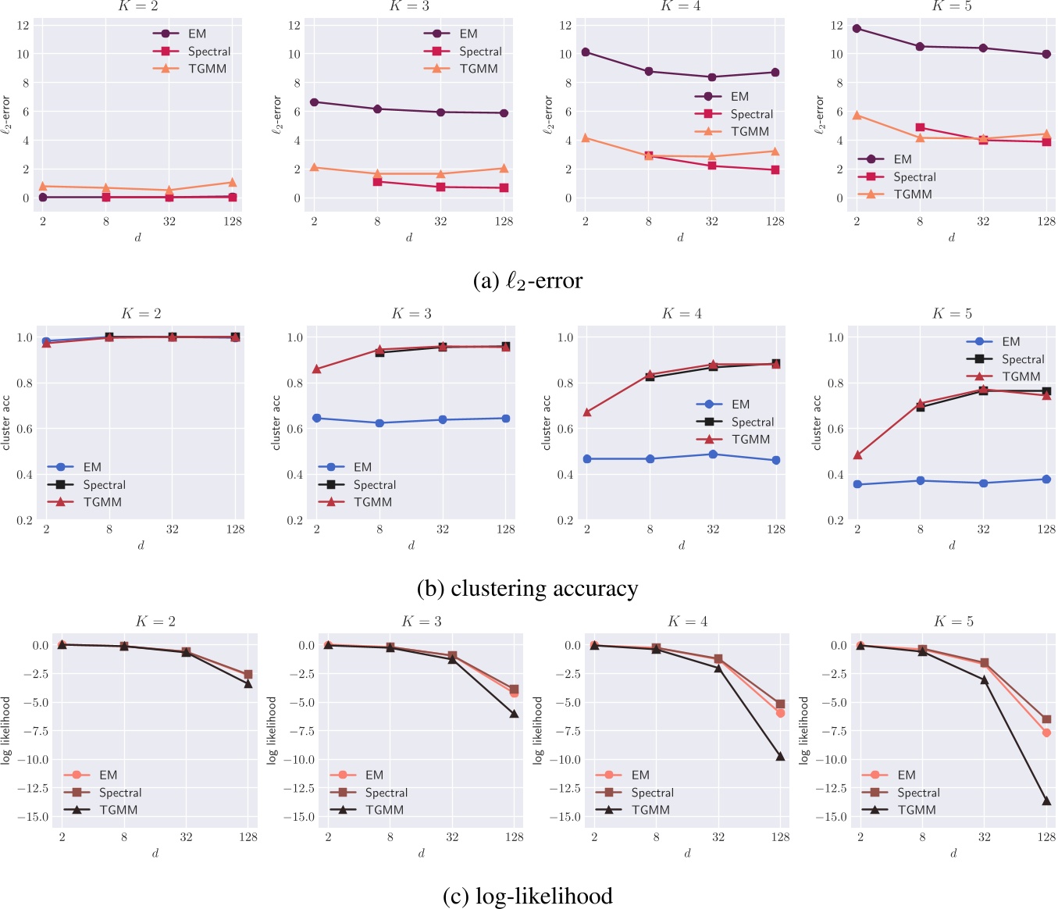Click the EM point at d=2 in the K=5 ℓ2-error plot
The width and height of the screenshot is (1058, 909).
[857, 29]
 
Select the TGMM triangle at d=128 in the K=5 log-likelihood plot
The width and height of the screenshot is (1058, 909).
[1046, 800]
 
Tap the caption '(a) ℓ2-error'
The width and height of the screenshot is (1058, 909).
[528, 281]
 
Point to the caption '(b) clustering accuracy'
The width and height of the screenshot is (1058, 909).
[528, 588]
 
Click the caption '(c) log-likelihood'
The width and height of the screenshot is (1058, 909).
[528, 896]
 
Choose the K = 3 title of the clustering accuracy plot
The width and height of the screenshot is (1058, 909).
[411, 314]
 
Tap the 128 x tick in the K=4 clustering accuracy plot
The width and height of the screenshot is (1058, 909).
[775, 529]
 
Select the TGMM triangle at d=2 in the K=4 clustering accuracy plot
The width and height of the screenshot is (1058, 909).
[587, 412]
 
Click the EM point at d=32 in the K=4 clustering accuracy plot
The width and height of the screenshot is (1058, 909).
[713, 454]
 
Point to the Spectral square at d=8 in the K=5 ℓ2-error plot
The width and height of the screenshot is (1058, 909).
[920, 127]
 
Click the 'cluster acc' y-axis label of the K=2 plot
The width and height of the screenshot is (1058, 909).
[6, 422]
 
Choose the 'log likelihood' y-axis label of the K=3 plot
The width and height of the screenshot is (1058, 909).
[272, 730]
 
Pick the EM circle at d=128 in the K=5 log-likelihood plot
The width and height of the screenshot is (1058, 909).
[1046, 733]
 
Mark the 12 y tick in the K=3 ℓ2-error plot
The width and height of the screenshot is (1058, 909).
[294, 26]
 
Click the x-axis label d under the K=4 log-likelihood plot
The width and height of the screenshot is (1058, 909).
[687, 854]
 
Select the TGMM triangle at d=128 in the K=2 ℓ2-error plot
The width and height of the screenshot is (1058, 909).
[232, 182]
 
